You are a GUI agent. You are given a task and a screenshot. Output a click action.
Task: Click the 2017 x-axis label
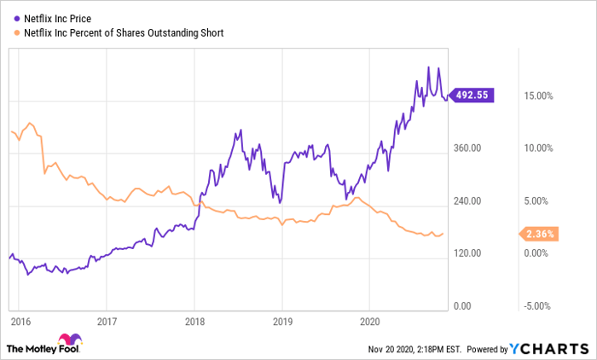click(x=106, y=322)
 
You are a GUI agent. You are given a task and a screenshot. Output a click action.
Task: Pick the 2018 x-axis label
click(x=194, y=322)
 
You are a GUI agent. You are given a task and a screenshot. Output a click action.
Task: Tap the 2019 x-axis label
click(x=282, y=322)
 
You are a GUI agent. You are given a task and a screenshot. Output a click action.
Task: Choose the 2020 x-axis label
click(x=370, y=322)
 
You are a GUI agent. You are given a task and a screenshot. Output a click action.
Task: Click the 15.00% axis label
click(x=539, y=96)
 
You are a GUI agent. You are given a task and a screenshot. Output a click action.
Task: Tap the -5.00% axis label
click(x=539, y=306)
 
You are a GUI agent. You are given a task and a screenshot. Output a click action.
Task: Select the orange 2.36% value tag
click(x=539, y=234)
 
